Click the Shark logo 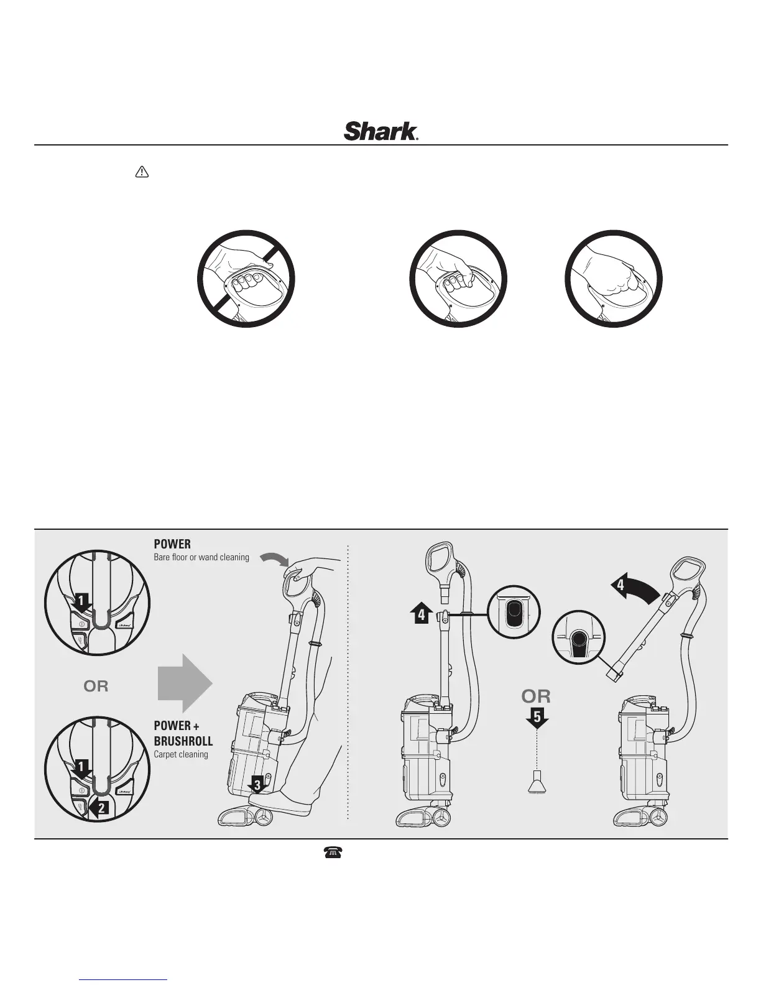[x=380, y=131]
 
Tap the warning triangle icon [x=142, y=173]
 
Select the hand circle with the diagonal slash [x=246, y=278]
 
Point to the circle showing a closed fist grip [x=613, y=278]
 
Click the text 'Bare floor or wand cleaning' [x=201, y=557]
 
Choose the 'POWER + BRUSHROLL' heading [x=183, y=733]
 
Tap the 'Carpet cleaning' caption [x=181, y=754]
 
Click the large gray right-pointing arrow [x=185, y=683]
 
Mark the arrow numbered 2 [x=99, y=809]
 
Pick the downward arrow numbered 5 [x=537, y=718]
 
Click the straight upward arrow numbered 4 [x=421, y=613]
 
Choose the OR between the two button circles [x=96, y=686]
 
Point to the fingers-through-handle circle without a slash [x=458, y=278]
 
